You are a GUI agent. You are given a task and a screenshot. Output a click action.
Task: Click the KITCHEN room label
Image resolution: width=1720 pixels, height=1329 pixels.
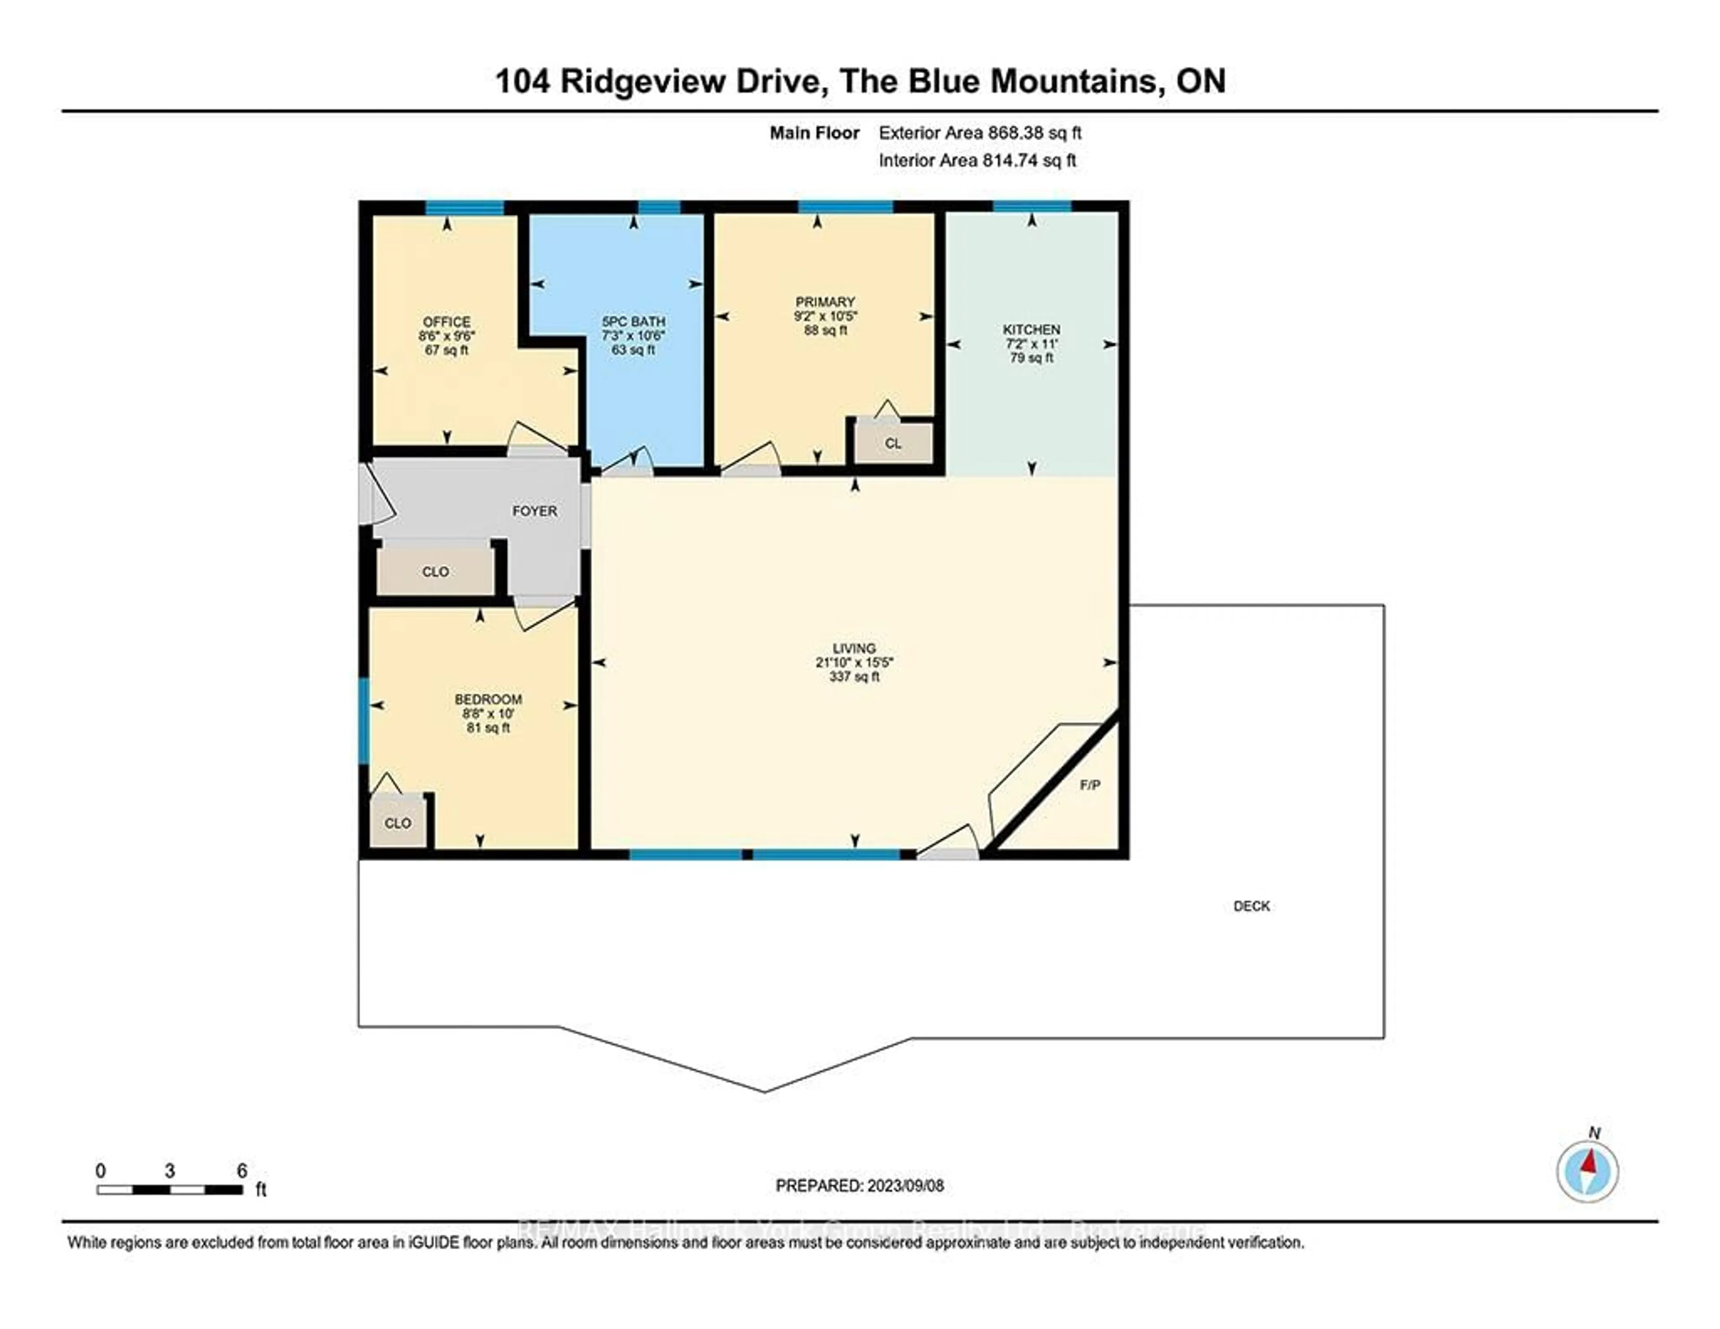click(1031, 329)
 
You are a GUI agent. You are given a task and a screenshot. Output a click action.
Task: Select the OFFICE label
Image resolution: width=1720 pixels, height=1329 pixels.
click(447, 321)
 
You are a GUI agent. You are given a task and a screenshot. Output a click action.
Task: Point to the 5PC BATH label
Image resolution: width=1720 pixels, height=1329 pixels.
click(633, 321)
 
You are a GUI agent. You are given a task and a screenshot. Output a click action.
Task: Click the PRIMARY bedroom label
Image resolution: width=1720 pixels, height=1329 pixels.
click(825, 302)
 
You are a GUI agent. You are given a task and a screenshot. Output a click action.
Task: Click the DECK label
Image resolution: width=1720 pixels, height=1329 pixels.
click(1251, 906)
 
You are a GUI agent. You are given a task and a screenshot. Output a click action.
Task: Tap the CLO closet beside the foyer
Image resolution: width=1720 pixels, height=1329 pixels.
click(435, 572)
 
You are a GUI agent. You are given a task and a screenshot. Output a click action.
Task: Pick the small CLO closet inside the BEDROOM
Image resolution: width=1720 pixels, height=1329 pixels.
click(398, 823)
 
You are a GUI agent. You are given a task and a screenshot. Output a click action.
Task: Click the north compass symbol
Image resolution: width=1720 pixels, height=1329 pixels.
click(1588, 1171)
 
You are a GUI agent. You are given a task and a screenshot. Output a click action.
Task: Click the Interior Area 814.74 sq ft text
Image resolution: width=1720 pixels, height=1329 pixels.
click(977, 161)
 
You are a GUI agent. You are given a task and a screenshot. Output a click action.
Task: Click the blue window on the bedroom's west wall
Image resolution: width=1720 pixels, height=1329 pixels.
click(364, 721)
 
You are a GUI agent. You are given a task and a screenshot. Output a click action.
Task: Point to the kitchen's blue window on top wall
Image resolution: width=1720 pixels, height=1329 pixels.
click(1032, 207)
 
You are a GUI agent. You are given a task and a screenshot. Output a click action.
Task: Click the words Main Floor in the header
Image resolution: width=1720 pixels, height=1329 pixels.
click(814, 133)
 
